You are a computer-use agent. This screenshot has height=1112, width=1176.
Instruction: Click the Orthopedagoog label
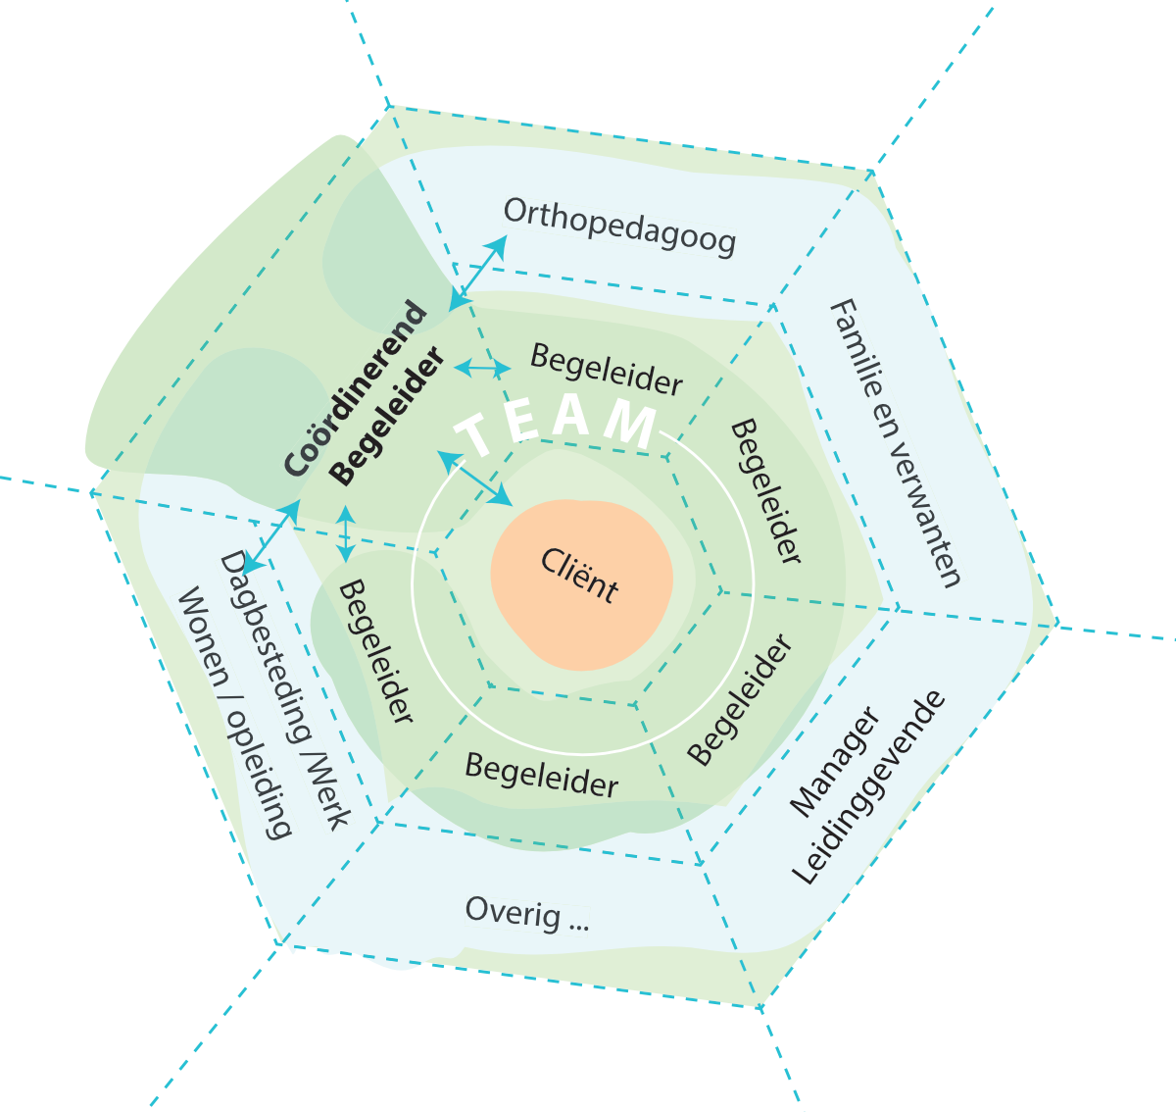click(619, 227)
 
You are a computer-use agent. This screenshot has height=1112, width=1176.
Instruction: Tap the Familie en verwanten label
click(894, 443)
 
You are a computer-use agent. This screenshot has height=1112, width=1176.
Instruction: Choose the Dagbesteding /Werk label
click(283, 689)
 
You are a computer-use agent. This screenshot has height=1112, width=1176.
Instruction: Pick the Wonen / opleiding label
click(233, 713)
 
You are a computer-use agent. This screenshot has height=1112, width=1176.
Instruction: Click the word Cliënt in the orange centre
click(579, 575)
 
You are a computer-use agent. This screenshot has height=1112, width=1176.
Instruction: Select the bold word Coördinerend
click(356, 390)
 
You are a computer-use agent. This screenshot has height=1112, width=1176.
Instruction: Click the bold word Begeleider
click(386, 417)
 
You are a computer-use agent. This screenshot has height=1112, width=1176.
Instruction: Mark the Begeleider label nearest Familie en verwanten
click(765, 490)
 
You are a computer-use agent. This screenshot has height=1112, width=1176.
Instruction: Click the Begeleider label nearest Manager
click(740, 699)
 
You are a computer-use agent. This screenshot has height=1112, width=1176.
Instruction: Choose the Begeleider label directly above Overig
click(541, 776)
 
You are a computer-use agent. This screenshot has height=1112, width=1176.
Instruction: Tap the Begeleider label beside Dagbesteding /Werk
click(374, 651)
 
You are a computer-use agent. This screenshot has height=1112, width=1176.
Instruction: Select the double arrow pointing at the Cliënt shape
click(474, 479)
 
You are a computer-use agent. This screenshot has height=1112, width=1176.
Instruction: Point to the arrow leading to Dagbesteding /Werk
click(271, 535)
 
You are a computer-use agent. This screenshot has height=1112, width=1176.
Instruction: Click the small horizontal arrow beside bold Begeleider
click(483, 369)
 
